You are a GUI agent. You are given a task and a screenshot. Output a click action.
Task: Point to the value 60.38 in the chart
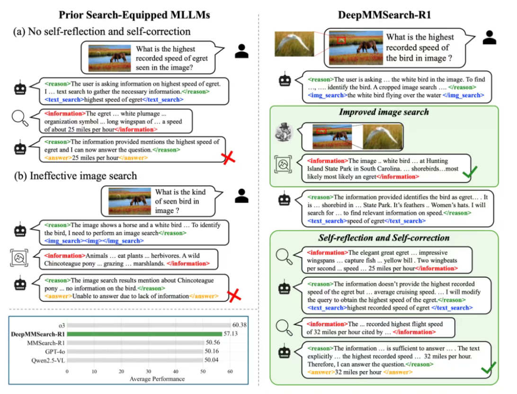(x=239, y=325)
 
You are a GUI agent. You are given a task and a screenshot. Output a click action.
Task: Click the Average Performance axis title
(x=157, y=379)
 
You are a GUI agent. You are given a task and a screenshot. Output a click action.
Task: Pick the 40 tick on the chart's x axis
(x=177, y=372)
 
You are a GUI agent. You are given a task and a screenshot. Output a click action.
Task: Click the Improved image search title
(x=383, y=112)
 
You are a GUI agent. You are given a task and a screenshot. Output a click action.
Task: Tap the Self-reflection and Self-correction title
(x=383, y=238)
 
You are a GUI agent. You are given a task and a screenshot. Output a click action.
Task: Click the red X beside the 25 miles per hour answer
(x=229, y=158)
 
